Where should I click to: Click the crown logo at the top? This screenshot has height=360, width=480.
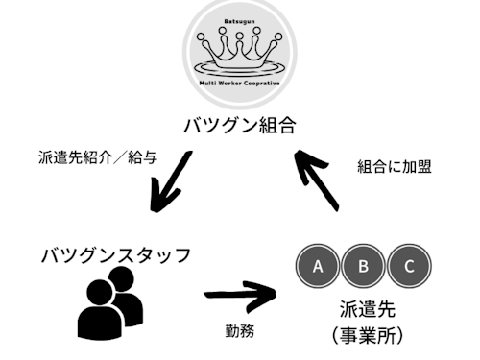point(240,53)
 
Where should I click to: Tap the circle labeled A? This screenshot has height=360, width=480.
point(318,266)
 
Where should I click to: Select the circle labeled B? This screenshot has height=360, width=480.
point(364,266)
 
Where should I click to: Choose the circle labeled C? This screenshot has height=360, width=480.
point(409,266)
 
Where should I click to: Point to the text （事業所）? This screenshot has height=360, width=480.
point(365,336)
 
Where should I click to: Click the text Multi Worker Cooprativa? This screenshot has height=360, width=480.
point(240,84)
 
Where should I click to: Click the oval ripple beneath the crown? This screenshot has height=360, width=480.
point(240,67)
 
